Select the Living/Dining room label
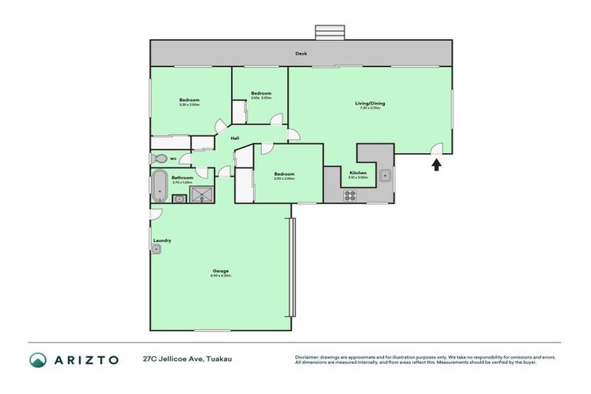pos(369,103)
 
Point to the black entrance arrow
pos(436,163)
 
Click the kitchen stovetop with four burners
pos(349,195)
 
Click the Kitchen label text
pos(358,172)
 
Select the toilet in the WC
pos(159,159)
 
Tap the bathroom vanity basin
pos(179,199)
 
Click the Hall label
pos(235,139)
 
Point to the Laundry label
pos(162,240)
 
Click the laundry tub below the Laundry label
pos(156,249)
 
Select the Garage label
pos(221,271)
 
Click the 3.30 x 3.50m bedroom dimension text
pos(189,105)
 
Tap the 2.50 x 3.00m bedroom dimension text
pos(261,98)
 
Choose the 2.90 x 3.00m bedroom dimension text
pos(284,179)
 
